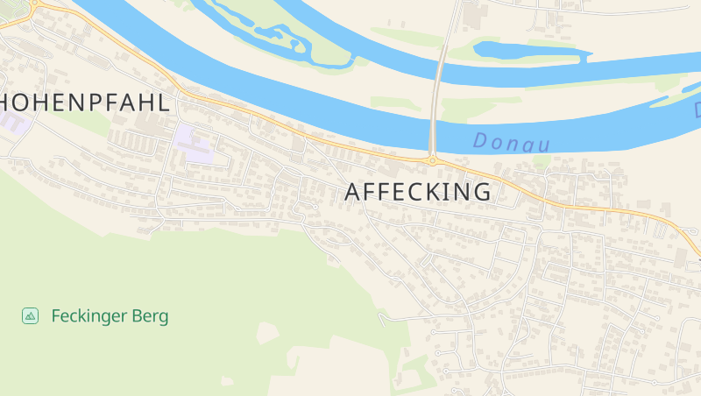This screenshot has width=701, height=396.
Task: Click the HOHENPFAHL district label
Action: [x=83, y=102]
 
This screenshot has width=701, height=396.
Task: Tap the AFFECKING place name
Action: [x=418, y=192]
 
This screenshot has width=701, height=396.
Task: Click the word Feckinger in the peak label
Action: [x=89, y=316]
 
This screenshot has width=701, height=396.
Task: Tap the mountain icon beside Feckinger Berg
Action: [x=30, y=315]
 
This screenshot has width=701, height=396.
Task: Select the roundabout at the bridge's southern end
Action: [x=432, y=160]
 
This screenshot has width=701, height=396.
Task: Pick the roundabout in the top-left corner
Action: [x=33, y=4]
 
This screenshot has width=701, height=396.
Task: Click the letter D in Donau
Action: [x=480, y=139]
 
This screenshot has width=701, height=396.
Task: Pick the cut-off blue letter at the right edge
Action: [x=697, y=111]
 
